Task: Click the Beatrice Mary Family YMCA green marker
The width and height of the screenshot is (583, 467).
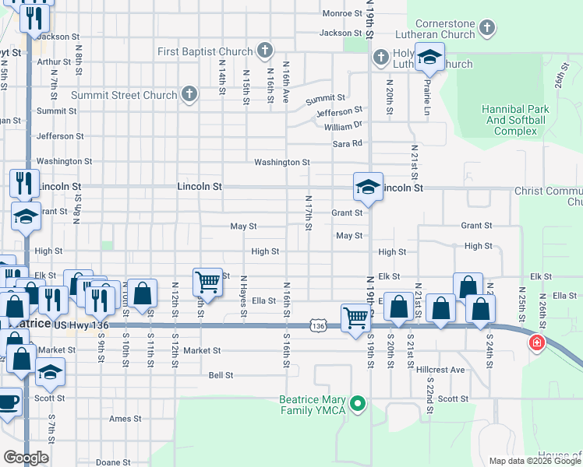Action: pos(358,403)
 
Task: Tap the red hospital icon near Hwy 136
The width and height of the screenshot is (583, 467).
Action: pos(536,342)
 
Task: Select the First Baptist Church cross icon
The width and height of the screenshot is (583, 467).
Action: pos(265,51)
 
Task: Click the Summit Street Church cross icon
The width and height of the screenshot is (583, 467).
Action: pos(189,95)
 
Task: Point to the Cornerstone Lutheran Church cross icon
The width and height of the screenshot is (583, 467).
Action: pos(486,30)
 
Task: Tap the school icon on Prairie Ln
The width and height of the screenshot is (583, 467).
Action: pos(428,57)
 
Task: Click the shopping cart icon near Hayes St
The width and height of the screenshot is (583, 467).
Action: pos(207,280)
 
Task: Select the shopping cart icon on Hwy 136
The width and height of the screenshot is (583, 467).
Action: pos(355,318)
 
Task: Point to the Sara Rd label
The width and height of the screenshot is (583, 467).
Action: pos(348,143)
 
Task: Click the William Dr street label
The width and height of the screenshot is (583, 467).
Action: pos(343,126)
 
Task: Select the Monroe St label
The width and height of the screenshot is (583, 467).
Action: pos(337,13)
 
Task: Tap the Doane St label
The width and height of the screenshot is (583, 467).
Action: pos(114,462)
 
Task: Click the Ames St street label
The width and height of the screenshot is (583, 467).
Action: pos(125,419)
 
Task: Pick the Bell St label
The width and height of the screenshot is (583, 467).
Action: pos(221,375)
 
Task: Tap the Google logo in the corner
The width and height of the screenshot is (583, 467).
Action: pos(25,458)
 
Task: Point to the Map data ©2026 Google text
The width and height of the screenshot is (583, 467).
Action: pos(535,461)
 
